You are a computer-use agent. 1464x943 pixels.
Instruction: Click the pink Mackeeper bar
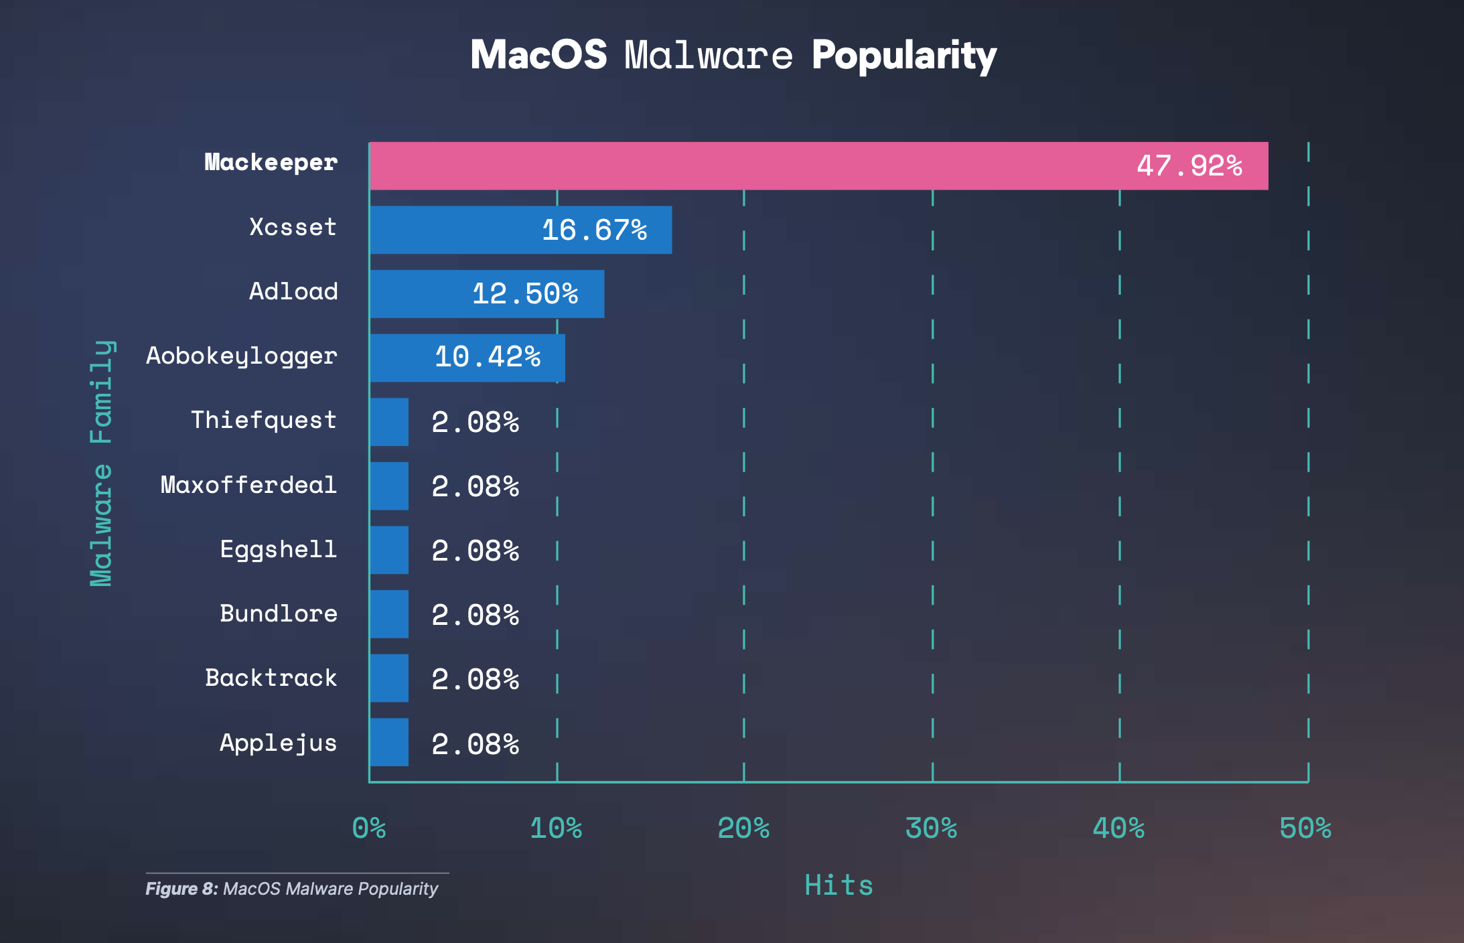[818, 166]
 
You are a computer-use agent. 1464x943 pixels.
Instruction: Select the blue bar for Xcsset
[520, 230]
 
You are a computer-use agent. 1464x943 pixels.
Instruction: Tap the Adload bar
[487, 294]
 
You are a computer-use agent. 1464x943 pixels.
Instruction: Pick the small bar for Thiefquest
[389, 422]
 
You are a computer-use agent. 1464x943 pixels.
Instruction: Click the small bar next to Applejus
[389, 742]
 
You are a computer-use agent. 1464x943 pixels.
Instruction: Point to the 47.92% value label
[1189, 166]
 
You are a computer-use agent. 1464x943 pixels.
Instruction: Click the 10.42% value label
[488, 357]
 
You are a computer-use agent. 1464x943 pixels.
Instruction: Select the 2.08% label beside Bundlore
[475, 615]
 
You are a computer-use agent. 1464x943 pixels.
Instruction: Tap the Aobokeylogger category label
[242, 356]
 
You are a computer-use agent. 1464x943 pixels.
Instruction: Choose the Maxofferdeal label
[248, 485]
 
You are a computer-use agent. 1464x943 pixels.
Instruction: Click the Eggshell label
[279, 549]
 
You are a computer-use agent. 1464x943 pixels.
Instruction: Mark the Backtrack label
[271, 678]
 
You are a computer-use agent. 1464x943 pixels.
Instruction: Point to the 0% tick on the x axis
[369, 828]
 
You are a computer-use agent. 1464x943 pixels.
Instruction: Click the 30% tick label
[931, 828]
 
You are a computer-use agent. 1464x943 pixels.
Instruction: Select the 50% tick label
[1305, 828]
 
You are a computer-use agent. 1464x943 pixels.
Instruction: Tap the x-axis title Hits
[838, 885]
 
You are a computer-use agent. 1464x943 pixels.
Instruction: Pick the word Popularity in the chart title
[904, 55]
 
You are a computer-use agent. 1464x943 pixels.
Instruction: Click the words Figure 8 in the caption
[181, 889]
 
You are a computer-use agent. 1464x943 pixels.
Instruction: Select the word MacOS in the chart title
[538, 55]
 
